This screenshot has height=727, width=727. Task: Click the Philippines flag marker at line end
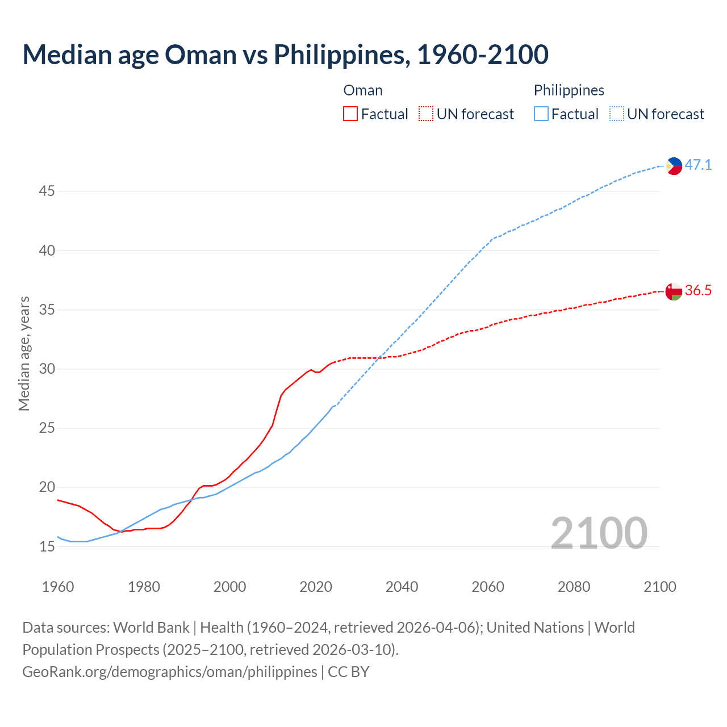[674, 166]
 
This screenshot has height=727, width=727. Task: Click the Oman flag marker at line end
[674, 291]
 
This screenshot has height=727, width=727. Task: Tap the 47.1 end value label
[698, 165]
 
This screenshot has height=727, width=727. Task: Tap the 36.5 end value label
[698, 291]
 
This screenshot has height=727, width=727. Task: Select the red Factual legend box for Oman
[350, 114]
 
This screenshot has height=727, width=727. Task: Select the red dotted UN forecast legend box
[426, 114]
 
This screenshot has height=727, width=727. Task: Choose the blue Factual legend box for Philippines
[541, 114]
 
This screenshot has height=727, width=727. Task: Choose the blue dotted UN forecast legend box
[617, 114]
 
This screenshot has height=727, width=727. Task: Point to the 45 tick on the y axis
[47, 191]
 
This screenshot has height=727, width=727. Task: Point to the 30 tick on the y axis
[47, 369]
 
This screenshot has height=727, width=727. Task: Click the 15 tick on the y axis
[47, 547]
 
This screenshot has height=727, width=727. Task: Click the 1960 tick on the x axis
[58, 587]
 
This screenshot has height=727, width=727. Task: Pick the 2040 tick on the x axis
[402, 587]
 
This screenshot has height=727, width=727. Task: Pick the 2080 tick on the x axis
[574, 587]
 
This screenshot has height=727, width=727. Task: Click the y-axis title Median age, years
[24, 353]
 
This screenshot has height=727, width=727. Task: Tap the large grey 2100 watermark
[599, 533]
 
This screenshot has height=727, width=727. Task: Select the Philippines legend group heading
[569, 90]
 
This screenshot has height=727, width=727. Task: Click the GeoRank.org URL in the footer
[170, 671]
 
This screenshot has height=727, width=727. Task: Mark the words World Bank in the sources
[151, 628]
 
